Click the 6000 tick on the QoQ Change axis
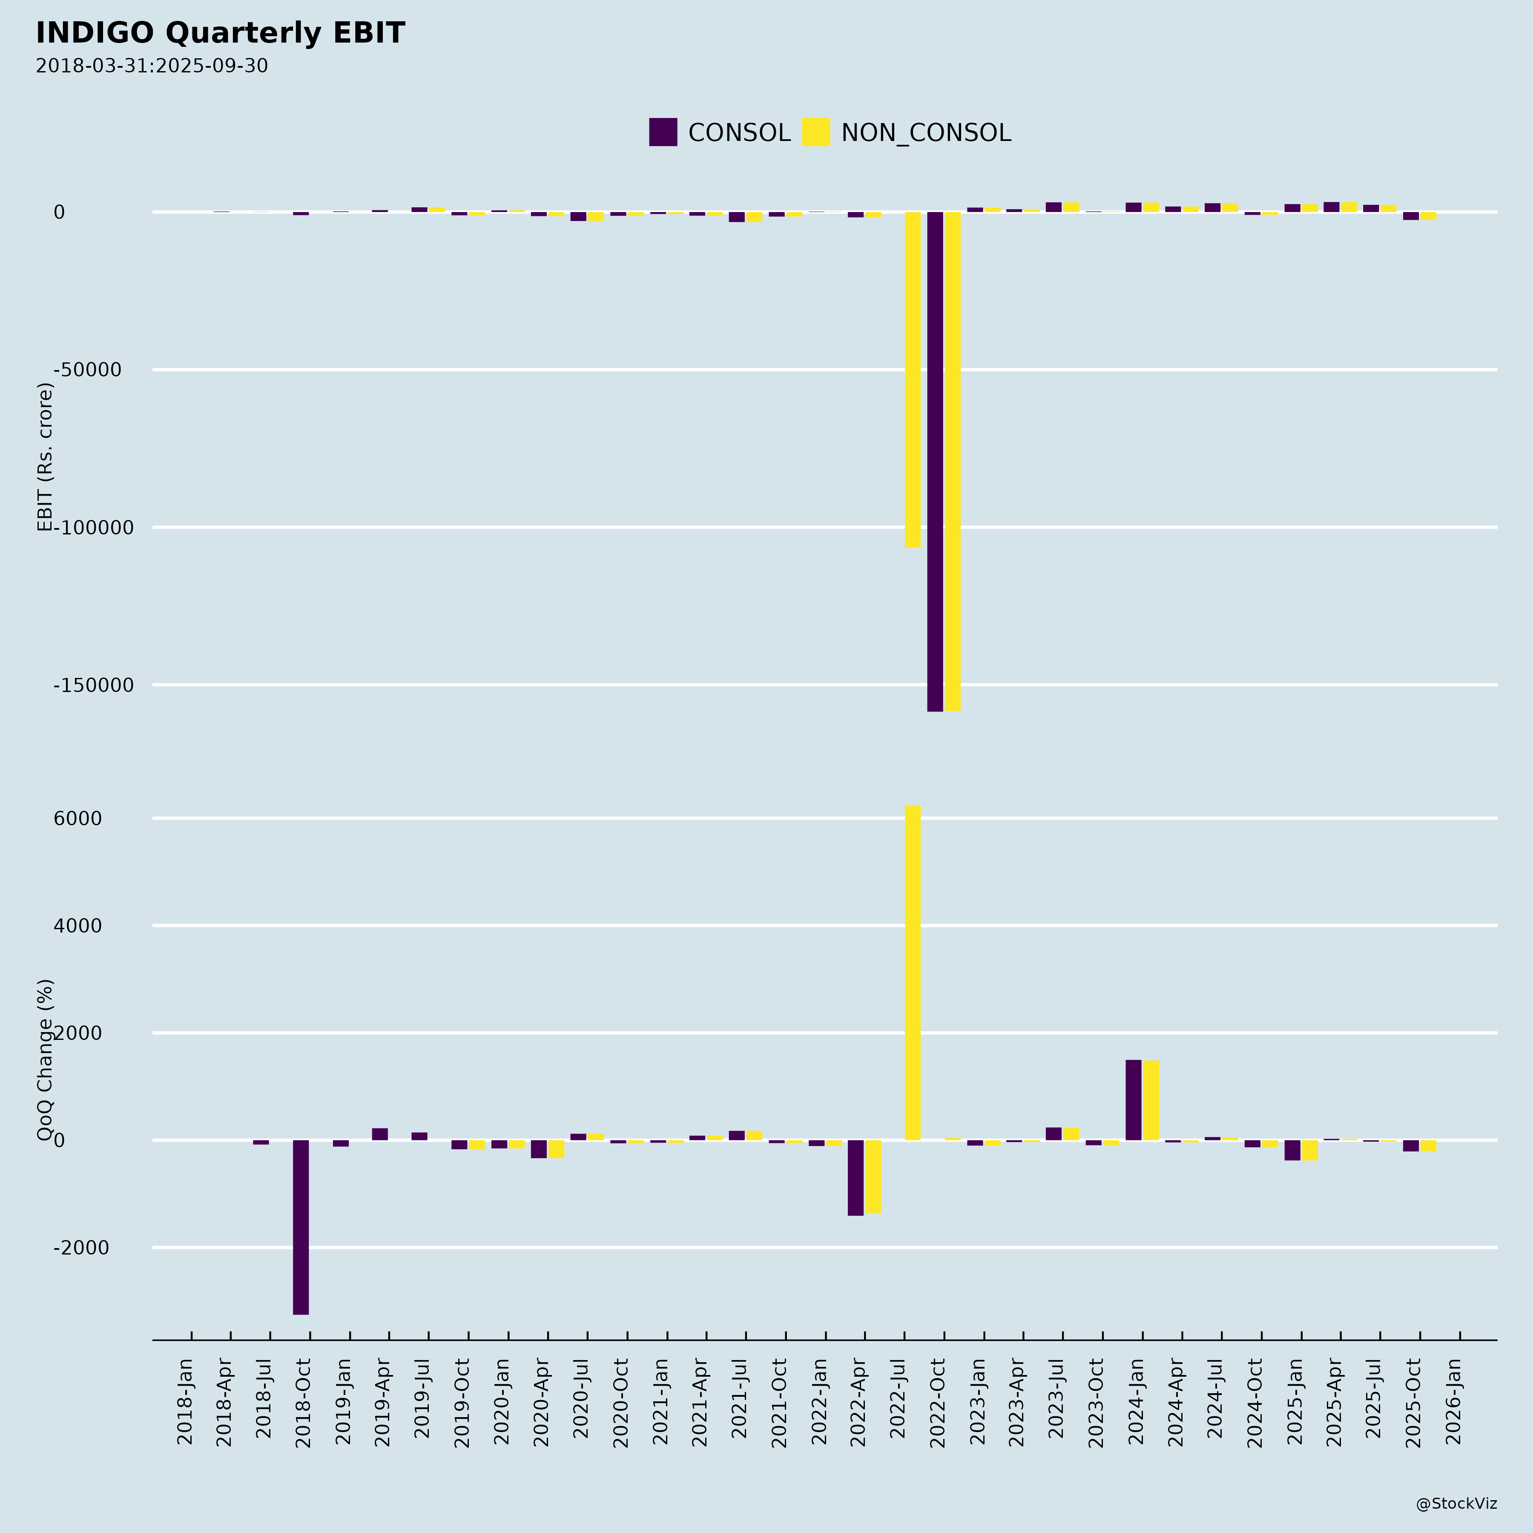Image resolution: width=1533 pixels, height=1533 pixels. tap(78, 819)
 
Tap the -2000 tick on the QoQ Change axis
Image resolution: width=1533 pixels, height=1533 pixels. tap(81, 1248)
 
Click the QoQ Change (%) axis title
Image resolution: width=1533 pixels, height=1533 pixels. tap(45, 1060)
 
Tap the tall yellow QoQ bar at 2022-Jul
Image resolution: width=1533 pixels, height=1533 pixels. tap(913, 972)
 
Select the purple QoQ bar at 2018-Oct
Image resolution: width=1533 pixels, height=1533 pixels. tap(301, 1227)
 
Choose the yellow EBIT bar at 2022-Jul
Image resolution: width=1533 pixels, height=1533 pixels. tap(913, 379)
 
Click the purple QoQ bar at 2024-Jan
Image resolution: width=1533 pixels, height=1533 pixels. tap(1133, 1100)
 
